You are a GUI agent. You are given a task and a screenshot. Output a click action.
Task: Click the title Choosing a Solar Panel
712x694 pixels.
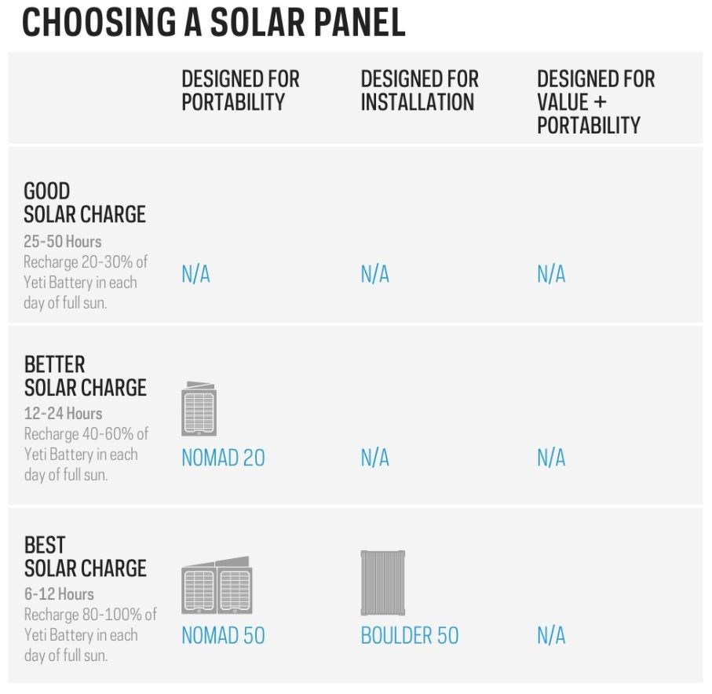point(214,22)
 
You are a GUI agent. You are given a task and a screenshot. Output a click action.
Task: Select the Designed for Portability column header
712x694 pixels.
point(240,90)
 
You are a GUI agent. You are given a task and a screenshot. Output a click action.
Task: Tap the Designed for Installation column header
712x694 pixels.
point(419,90)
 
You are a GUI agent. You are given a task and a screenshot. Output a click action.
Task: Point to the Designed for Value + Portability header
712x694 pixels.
point(595,102)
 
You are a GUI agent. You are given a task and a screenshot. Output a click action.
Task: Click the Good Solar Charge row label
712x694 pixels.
point(85,203)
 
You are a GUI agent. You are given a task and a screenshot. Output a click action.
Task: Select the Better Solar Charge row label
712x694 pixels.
point(85,376)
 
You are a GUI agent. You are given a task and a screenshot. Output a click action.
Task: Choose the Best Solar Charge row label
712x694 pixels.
point(85,557)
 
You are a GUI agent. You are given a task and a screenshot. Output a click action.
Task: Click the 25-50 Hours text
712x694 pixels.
point(63,241)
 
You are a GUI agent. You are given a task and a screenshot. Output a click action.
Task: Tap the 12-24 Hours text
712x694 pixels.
point(63,414)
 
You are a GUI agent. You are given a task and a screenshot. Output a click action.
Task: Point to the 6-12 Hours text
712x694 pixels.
point(59,594)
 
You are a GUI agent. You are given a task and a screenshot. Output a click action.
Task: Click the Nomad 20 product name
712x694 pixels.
point(223,458)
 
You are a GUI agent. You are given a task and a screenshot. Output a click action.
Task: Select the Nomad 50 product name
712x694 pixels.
point(223,636)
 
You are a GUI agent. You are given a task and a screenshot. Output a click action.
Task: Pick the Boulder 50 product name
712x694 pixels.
point(409,636)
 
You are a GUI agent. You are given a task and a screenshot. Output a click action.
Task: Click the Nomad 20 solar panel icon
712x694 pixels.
point(199,409)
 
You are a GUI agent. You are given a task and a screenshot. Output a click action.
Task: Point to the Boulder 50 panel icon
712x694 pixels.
point(382,583)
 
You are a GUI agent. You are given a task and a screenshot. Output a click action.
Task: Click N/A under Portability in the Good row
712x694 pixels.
point(195,275)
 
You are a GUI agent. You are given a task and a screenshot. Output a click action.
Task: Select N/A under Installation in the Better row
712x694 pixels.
point(374,458)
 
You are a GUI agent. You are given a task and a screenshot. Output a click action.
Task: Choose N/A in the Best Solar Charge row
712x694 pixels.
point(551,636)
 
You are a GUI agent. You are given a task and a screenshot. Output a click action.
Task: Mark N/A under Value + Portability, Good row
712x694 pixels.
point(551,275)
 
